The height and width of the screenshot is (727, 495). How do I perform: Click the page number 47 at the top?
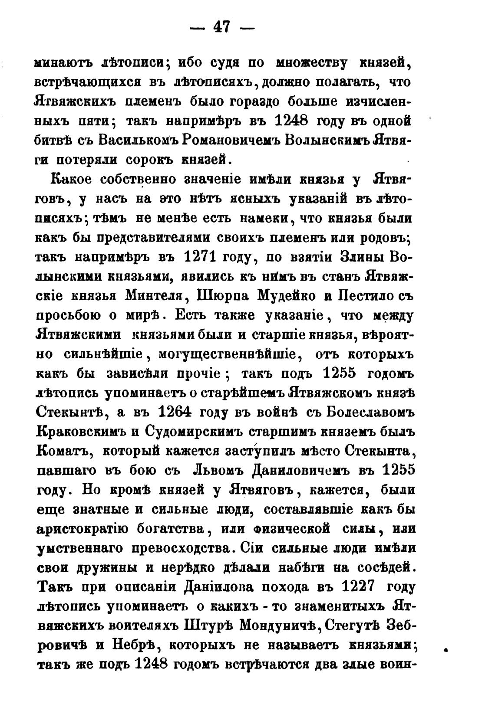click(x=221, y=28)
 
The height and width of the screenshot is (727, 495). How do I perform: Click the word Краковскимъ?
click(x=78, y=432)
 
